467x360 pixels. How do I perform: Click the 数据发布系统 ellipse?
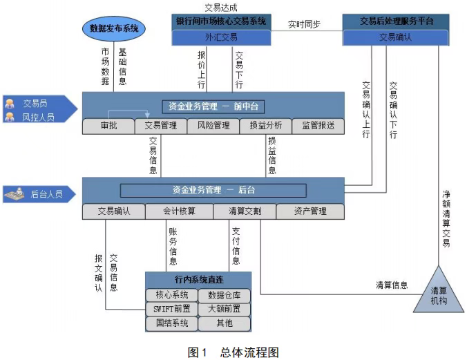click(114, 28)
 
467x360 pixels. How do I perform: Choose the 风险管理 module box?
click(213, 126)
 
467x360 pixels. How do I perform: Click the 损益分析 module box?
click(266, 126)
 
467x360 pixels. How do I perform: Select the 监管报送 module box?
click(318, 126)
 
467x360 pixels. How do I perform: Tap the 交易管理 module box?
click(161, 126)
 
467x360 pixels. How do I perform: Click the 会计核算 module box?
click(180, 211)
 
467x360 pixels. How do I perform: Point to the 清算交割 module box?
click(245, 211)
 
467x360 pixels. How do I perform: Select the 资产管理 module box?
click(310, 211)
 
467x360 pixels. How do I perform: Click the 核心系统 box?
click(171, 296)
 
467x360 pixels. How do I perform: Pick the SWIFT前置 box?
click(171, 310)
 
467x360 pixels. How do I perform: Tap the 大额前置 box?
click(225, 310)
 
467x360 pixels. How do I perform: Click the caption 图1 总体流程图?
click(233, 352)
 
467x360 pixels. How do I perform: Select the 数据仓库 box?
click(225, 296)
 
